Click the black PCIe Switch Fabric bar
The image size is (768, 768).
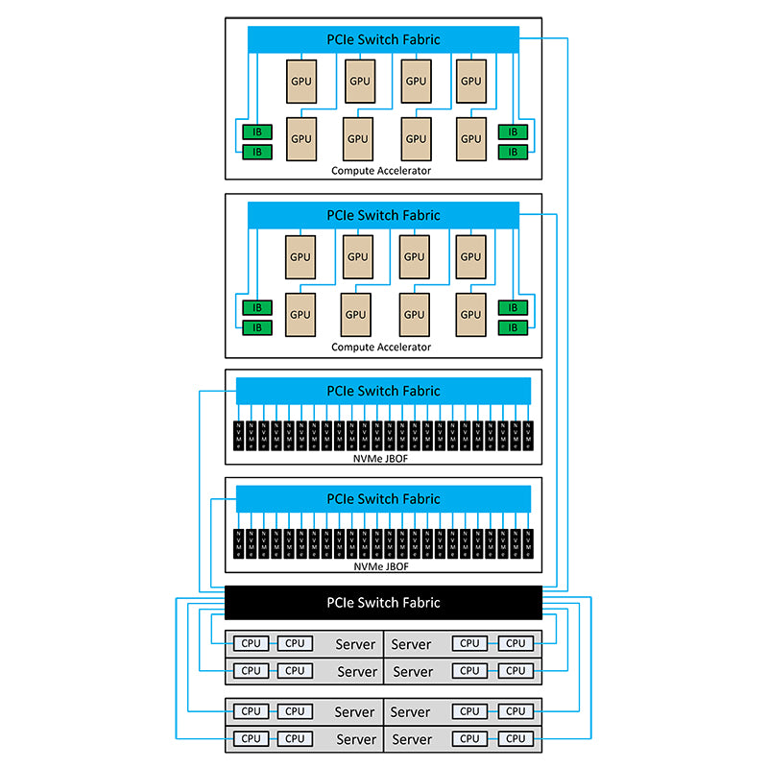coord(383,602)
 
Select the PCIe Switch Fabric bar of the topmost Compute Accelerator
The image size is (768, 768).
coord(383,39)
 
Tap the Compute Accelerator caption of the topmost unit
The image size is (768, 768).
coord(381,170)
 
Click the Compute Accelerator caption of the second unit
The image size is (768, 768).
coord(381,347)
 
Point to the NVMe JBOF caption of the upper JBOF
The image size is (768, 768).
coord(383,458)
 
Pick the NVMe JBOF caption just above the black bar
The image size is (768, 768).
coord(383,566)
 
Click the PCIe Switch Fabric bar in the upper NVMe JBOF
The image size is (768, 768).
coord(383,391)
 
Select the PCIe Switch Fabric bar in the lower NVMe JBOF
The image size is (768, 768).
coord(383,498)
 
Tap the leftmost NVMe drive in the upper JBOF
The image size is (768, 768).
coord(239,437)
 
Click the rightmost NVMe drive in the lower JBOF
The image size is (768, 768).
coord(527,544)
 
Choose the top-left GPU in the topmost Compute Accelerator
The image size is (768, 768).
coord(300,82)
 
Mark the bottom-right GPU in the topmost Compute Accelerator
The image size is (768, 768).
coord(470,138)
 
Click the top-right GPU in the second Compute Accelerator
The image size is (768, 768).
coord(470,256)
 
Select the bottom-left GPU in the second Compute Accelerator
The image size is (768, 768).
coord(300,314)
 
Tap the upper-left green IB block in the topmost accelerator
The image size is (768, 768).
coord(256,132)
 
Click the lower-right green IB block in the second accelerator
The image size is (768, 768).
coord(512,327)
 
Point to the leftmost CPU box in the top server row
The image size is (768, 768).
coord(251,643)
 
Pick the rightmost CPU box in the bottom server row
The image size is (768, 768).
coord(516,738)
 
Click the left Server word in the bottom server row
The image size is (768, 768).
coord(355,739)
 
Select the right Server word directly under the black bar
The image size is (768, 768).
coord(411,644)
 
